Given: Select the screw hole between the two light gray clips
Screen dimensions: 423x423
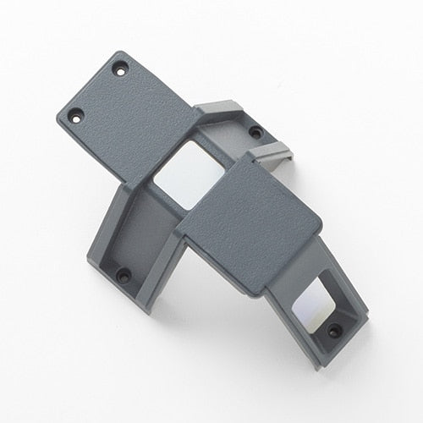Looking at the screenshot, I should coord(255,132).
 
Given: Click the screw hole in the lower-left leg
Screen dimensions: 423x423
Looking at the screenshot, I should coord(124,275).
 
